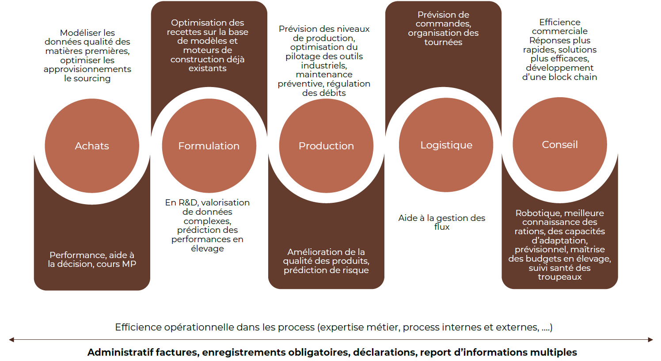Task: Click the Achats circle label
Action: [92, 146]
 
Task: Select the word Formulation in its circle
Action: [209, 146]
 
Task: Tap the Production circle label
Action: [326, 146]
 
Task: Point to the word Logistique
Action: [446, 145]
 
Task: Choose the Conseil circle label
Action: [560, 144]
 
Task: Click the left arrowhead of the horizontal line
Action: [11, 340]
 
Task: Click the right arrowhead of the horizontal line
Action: [650, 340]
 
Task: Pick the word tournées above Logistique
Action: [443, 42]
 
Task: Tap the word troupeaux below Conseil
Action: [559, 277]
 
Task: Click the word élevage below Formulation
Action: [207, 248]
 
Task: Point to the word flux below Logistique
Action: [442, 227]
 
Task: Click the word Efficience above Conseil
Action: [560, 23]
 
